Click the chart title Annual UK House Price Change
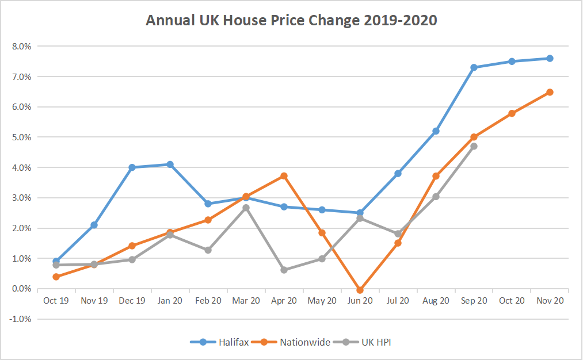(291, 21)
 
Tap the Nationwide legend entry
(297, 342)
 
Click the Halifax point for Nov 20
(550, 58)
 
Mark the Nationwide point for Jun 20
(360, 290)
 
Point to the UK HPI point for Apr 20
(284, 270)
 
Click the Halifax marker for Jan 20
(170, 164)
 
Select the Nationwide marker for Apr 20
(284, 176)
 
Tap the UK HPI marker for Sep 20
(474, 146)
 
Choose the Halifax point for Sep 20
(474, 67)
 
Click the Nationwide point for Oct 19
(56, 277)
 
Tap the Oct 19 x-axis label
(56, 300)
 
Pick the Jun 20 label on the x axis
(360, 300)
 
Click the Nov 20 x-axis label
(550, 300)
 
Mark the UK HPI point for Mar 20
(246, 208)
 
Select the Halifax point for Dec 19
(132, 167)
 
